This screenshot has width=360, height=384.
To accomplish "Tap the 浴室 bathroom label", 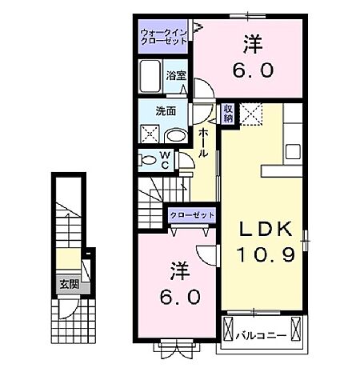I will (x=178, y=76).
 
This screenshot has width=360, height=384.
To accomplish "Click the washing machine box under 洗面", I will (x=150, y=134).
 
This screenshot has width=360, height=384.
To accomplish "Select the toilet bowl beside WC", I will (x=149, y=160).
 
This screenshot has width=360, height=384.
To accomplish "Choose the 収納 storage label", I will (x=229, y=112).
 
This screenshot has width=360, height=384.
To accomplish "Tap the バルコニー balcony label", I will (x=262, y=328).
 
